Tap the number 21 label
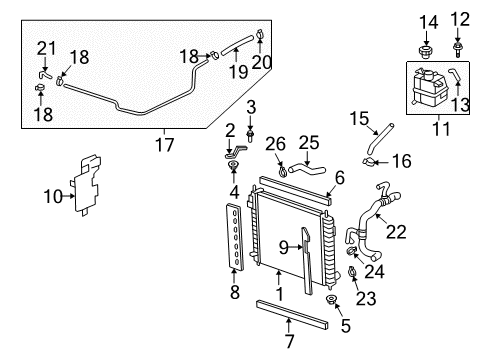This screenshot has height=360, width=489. pos(45,48)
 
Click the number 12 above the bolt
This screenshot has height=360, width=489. pos(460,19)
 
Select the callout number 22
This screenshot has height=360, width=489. pos(396,232)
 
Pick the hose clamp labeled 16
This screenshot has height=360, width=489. pos(369,160)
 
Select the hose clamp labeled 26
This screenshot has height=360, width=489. pos(282,170)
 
